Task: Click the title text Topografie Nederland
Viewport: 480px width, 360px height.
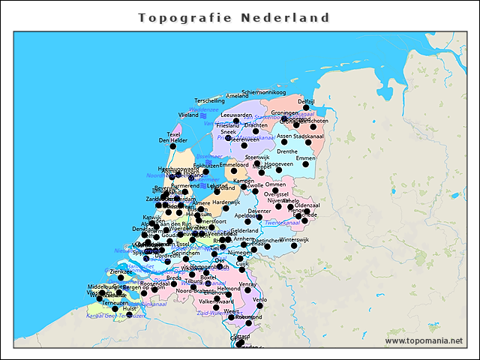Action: click(235, 17)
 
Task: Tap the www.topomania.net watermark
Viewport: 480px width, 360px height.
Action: click(424, 341)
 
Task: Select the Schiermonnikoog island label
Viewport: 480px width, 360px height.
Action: click(264, 92)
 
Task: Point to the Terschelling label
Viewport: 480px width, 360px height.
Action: click(209, 100)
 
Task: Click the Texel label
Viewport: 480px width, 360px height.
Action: click(174, 134)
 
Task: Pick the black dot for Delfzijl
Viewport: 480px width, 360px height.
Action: click(306, 108)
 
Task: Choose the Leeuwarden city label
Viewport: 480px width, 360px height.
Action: click(236, 115)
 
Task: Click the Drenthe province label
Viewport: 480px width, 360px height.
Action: click(287, 151)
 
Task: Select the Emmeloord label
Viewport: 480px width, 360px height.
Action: click(234, 164)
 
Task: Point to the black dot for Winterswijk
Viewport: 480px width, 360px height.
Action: click(294, 245)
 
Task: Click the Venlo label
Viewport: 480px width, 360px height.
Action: click(260, 299)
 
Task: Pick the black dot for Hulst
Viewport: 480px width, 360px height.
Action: click(115, 308)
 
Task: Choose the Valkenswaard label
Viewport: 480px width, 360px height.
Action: click(215, 301)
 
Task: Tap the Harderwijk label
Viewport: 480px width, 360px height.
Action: click(226, 202)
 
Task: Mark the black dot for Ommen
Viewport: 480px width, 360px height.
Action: click(275, 190)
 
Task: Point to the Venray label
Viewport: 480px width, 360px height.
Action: click(248, 284)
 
